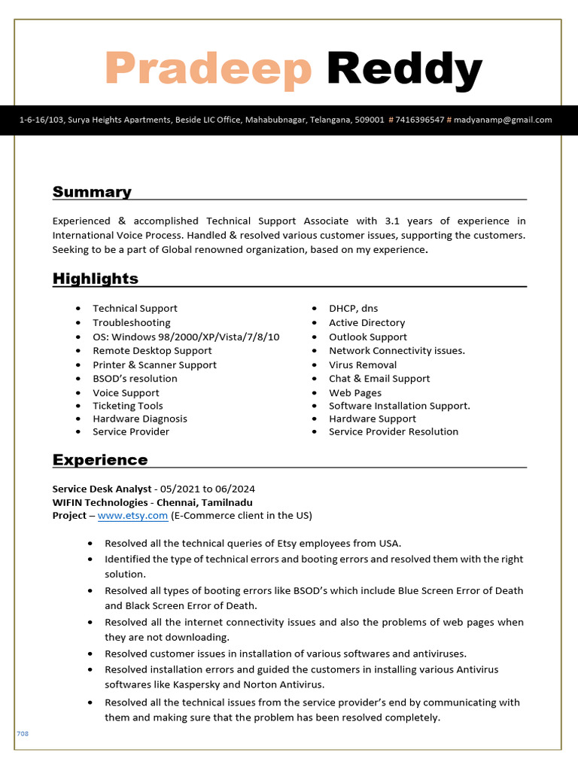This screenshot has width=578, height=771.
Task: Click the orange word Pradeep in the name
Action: click(x=208, y=69)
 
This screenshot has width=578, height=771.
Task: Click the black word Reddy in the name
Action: click(x=404, y=69)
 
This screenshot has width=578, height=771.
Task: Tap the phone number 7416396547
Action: click(x=419, y=120)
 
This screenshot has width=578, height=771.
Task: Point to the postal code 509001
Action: click(x=370, y=120)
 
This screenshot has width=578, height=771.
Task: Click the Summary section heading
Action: click(x=92, y=192)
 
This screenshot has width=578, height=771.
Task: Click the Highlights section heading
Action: click(x=96, y=279)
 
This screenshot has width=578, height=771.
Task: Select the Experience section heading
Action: click(x=100, y=460)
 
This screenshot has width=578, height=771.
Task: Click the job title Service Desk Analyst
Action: click(x=101, y=489)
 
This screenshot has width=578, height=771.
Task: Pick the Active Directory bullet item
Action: click(x=367, y=323)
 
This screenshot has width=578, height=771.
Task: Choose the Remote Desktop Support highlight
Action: click(x=152, y=351)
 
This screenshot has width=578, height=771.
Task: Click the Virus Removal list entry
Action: click(x=363, y=365)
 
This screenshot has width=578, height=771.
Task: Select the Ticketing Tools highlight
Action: click(x=127, y=406)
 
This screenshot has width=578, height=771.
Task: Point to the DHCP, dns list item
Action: click(x=353, y=309)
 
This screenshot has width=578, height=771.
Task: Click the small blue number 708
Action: click(x=23, y=733)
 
